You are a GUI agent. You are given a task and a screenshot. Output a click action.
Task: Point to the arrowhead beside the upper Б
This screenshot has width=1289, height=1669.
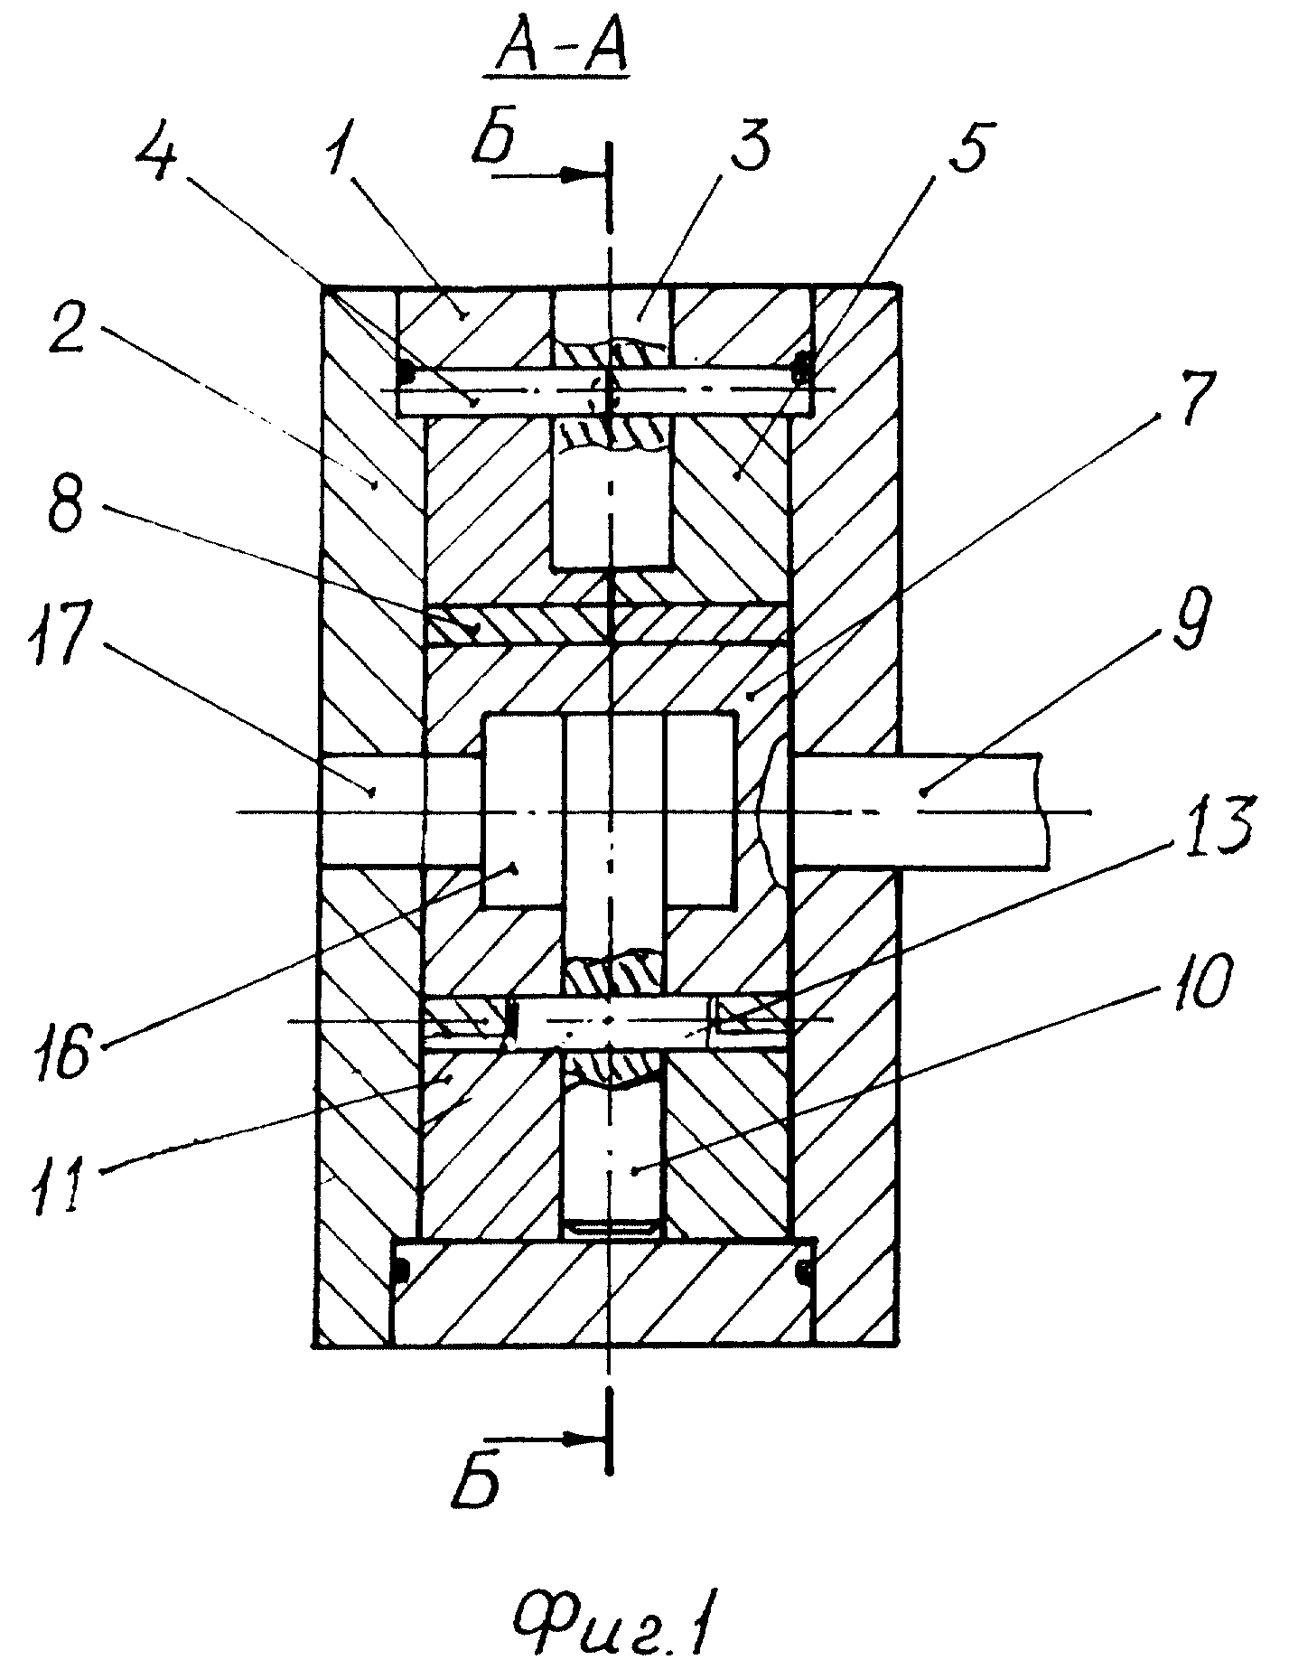click(x=577, y=176)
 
